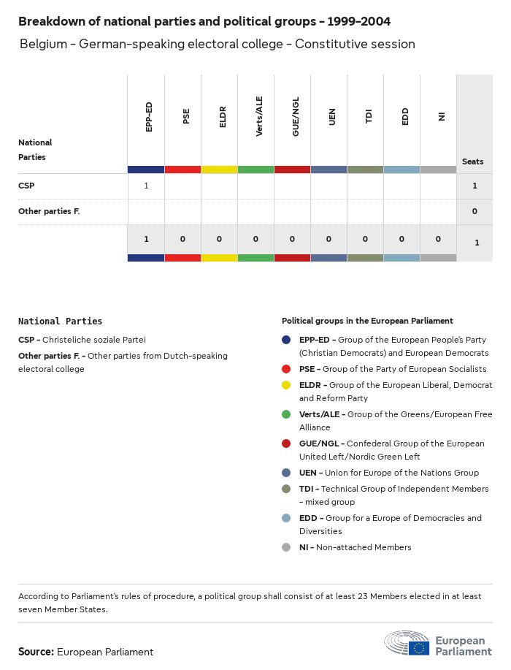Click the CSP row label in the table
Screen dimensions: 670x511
(26, 186)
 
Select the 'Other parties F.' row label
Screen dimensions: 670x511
(49, 211)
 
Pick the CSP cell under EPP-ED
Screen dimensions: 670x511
(146, 186)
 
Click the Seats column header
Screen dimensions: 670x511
(473, 161)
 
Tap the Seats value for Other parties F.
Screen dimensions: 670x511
(474, 211)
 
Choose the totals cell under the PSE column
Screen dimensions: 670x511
(182, 239)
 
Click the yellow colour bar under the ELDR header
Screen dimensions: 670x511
(219, 170)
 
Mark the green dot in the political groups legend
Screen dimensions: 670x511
(287, 415)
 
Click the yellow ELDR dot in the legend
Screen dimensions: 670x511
(287, 385)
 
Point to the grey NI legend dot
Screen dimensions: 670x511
(287, 547)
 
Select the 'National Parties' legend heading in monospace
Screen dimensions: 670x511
(61, 321)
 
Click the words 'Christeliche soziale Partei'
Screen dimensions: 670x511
(94, 340)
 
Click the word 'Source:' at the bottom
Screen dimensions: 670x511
(36, 652)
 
